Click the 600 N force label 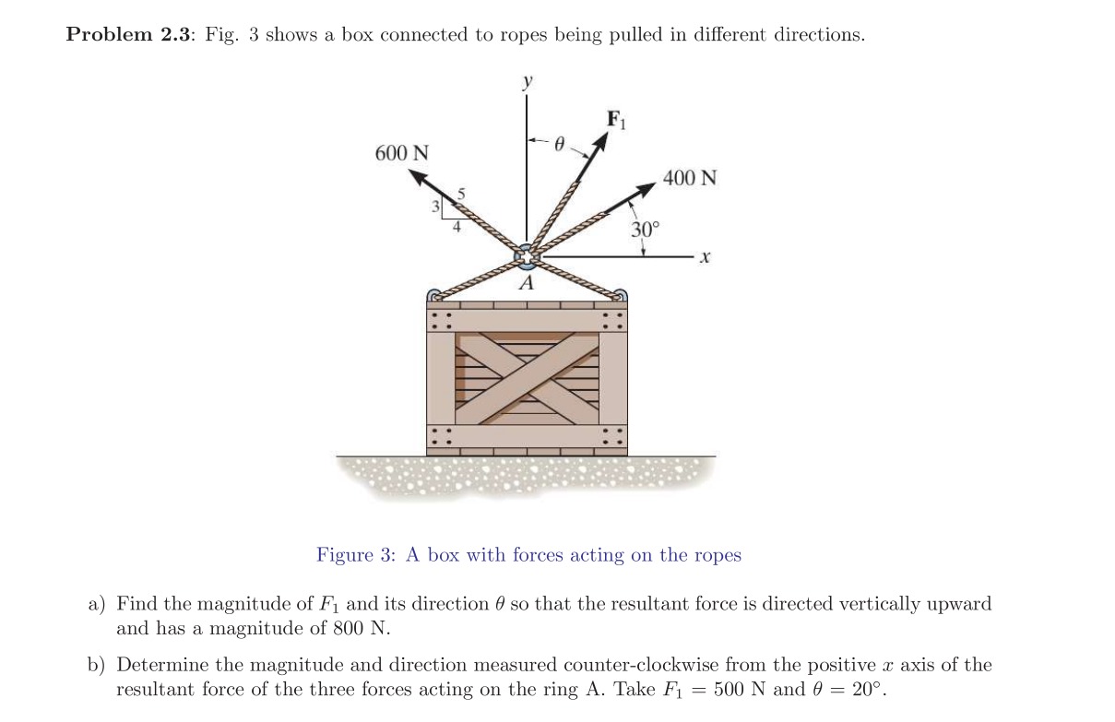(x=401, y=153)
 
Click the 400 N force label (x=690, y=178)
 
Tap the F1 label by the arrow (x=615, y=119)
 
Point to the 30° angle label (x=645, y=229)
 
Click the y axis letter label (x=527, y=82)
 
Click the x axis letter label (x=704, y=260)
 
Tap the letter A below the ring (x=526, y=284)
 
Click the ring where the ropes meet (x=526, y=254)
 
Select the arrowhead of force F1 (x=601, y=141)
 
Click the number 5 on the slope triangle (x=463, y=194)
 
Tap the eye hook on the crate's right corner (x=620, y=296)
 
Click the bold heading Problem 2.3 (x=127, y=35)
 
